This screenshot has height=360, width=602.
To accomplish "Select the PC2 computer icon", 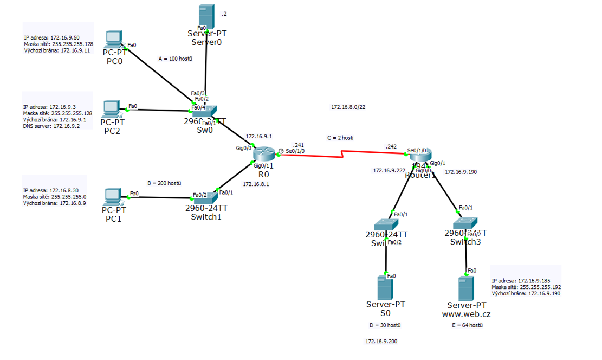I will (x=112, y=108).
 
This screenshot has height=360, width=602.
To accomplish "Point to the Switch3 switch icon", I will (x=465, y=223).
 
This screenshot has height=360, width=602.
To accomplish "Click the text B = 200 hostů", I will (x=164, y=183).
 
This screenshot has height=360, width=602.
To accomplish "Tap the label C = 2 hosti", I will (x=340, y=138).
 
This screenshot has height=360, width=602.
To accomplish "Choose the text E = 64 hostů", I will (x=467, y=325).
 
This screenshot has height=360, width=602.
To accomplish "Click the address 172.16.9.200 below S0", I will (x=381, y=342).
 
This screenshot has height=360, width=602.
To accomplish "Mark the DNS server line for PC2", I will (x=51, y=126).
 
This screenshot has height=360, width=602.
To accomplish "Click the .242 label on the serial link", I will (x=391, y=146).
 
